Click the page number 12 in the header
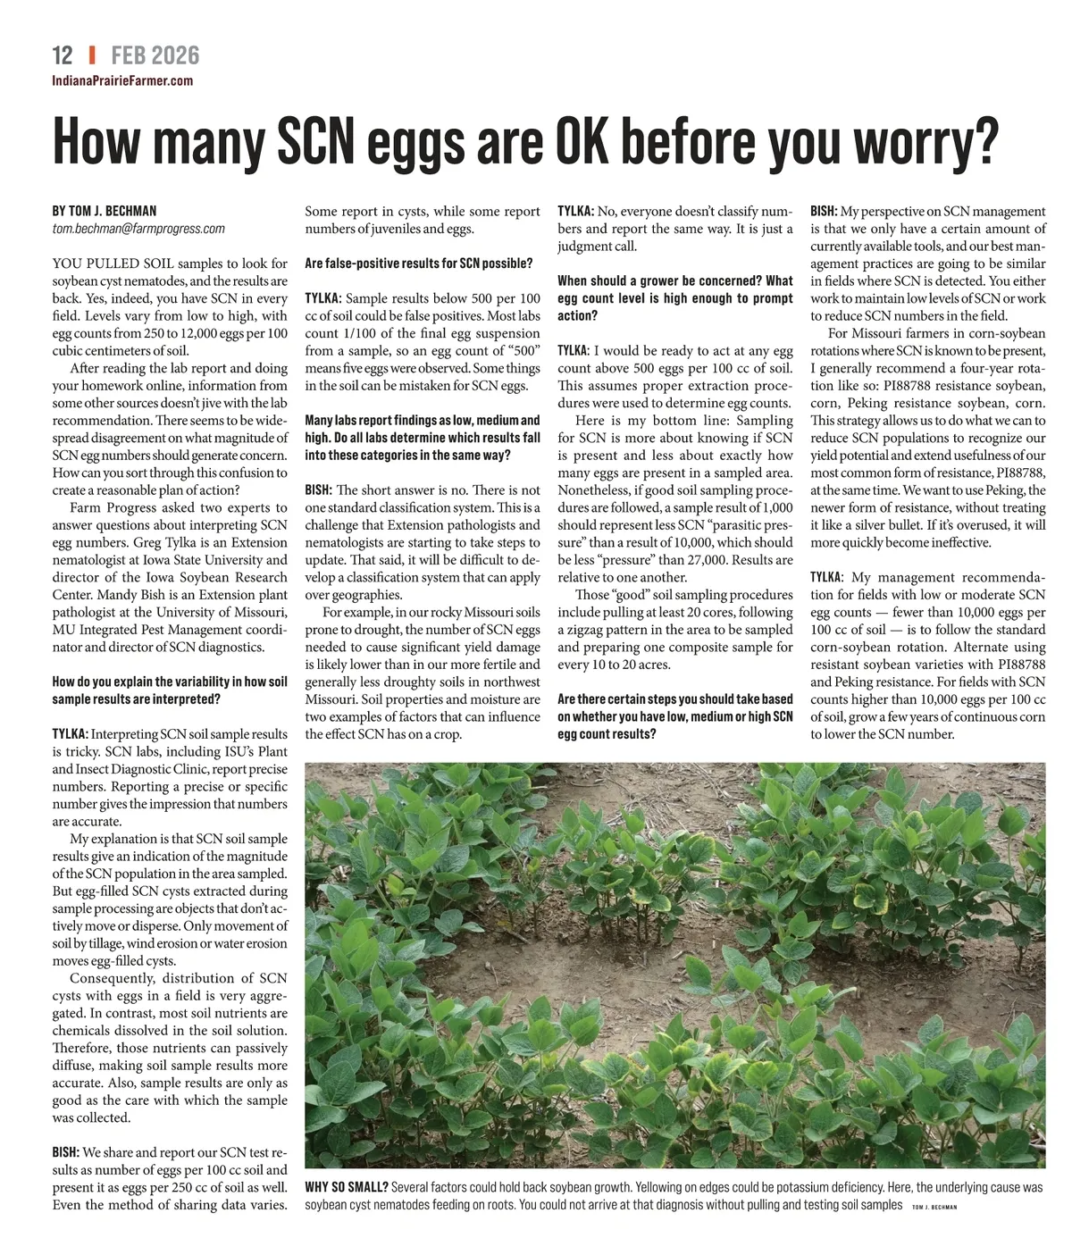click(x=63, y=55)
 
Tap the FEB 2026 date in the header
click(x=155, y=55)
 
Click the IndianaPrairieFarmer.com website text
click(x=122, y=81)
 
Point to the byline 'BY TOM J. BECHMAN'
click(x=105, y=212)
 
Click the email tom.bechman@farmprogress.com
click(x=138, y=229)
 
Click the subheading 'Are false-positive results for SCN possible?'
click(x=418, y=264)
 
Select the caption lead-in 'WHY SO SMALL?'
click(x=347, y=1187)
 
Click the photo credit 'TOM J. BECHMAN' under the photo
click(x=934, y=1207)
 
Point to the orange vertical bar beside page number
click(x=92, y=55)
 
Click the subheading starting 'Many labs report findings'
click(x=423, y=438)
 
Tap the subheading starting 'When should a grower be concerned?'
click(x=674, y=298)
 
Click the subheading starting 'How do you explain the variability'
click(x=170, y=690)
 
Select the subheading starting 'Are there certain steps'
click(x=674, y=716)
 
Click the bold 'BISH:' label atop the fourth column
click(x=824, y=212)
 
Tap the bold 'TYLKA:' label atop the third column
click(x=575, y=212)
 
